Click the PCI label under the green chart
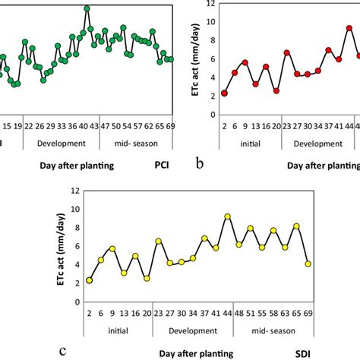161,162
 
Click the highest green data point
87,8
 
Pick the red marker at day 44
349,28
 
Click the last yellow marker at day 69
308,264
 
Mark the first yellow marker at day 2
90,280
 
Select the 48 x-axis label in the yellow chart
239,313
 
